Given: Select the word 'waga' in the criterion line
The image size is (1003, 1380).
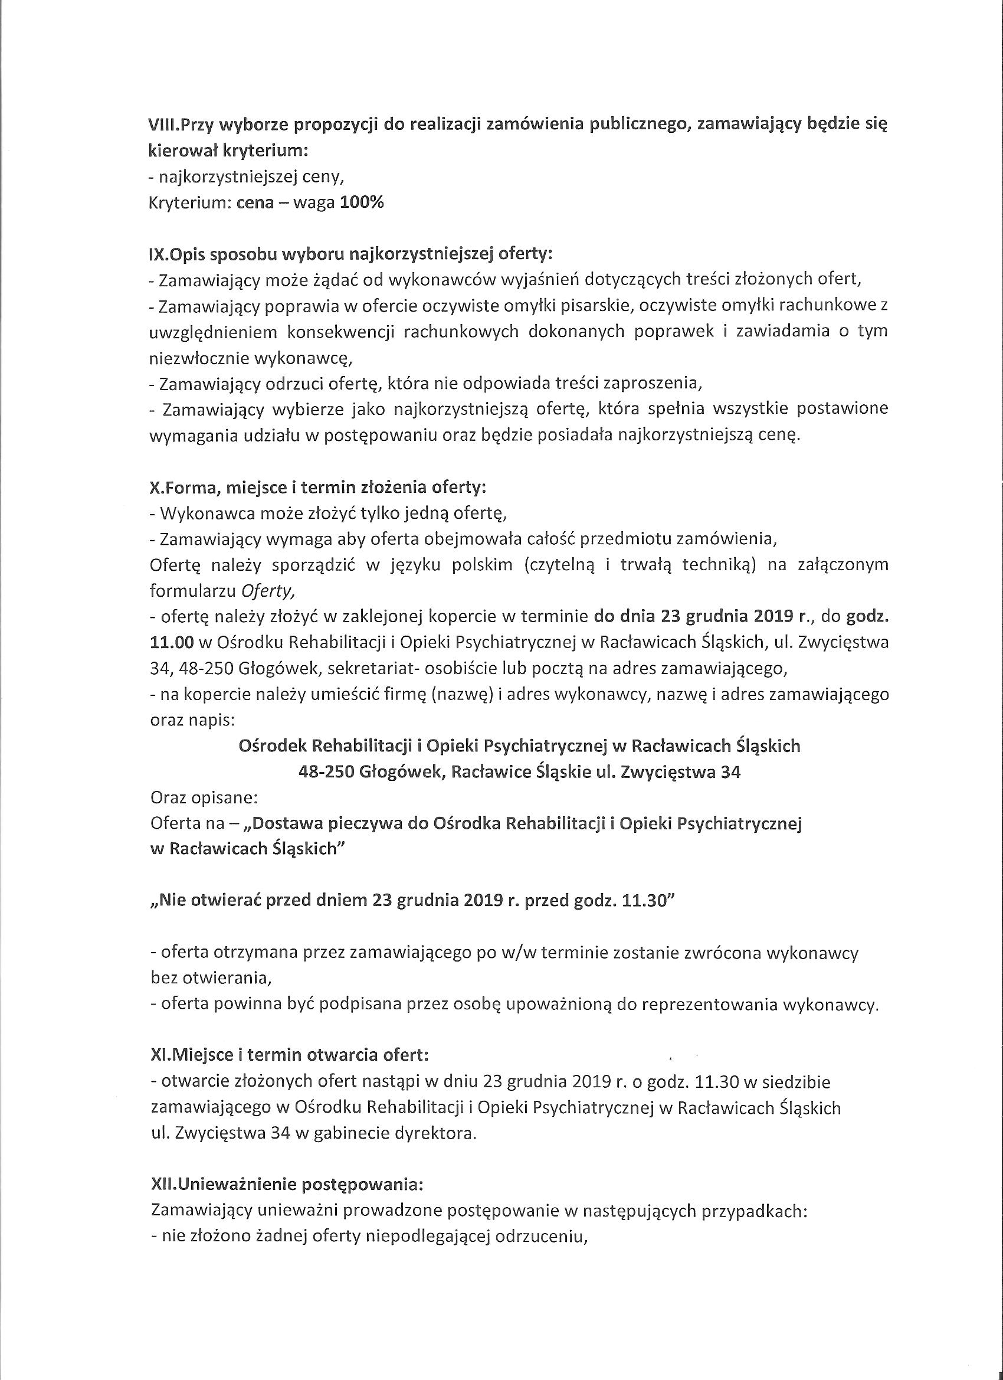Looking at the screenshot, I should (313, 202).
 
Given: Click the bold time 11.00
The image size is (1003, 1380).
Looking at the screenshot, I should (172, 643).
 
